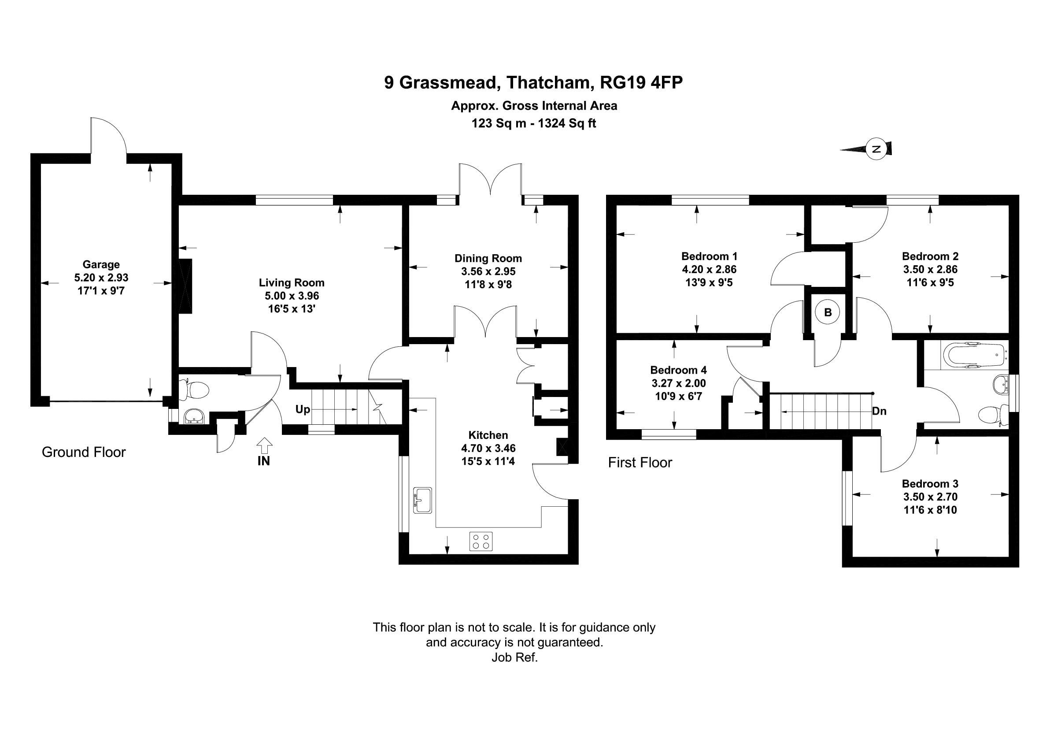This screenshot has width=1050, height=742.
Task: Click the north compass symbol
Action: point(876,149)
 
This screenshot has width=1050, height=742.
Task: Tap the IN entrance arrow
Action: point(264,445)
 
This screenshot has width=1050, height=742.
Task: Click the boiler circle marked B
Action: point(828,312)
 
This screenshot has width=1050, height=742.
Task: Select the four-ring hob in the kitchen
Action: point(481,542)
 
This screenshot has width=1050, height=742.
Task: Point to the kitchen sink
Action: point(422,500)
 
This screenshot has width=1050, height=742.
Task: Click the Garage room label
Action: point(101,264)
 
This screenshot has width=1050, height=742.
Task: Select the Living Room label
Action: point(292,283)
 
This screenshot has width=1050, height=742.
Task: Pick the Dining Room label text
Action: point(488,259)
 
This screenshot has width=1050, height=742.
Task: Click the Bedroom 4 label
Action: point(678,370)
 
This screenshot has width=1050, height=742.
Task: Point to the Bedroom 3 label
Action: point(930,483)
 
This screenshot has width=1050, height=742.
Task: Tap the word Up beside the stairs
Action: point(303,409)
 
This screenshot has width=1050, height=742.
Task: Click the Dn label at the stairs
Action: point(879,411)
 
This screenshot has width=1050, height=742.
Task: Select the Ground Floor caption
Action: point(84,452)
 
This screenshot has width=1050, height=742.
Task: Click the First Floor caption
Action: point(640,463)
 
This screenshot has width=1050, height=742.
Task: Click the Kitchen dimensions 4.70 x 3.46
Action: point(488,448)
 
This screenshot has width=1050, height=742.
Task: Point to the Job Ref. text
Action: point(514,658)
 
